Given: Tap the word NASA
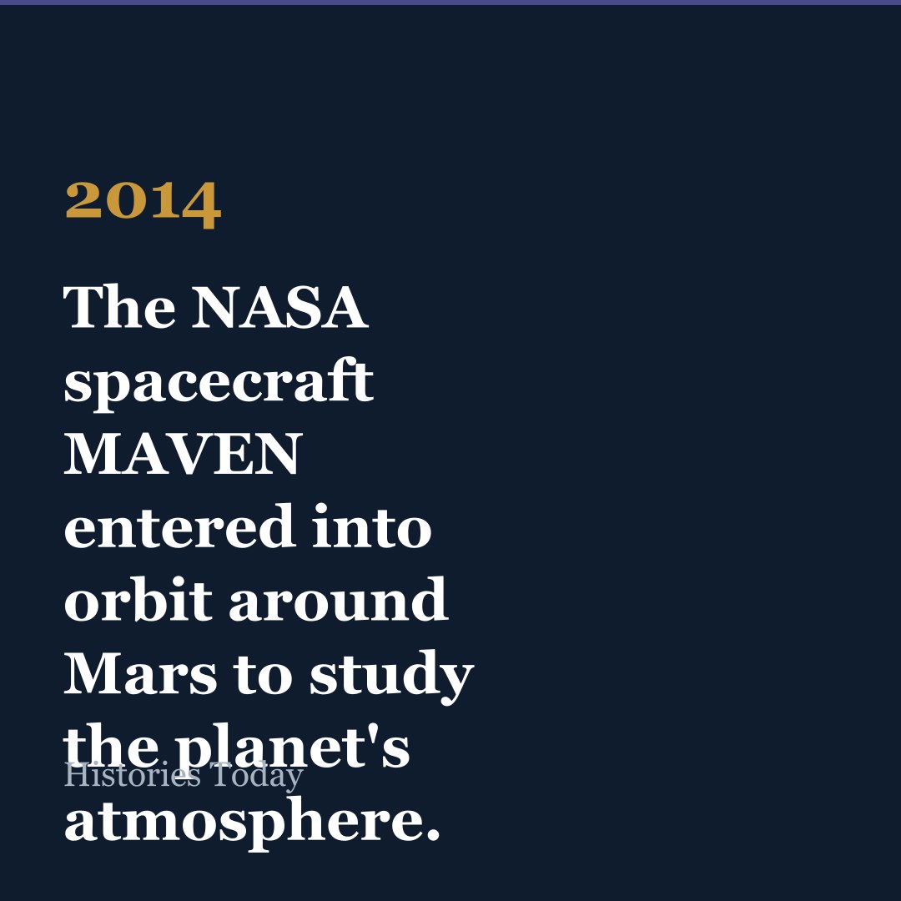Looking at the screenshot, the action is point(279,307).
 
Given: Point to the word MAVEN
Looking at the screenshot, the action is point(183,454).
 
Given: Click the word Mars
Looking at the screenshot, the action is point(140,673).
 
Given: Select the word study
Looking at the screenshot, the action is point(392,677).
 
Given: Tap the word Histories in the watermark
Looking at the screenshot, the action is point(132,775).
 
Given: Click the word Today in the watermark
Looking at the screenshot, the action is point(256,777).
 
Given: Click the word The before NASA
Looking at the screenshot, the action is point(119,307).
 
